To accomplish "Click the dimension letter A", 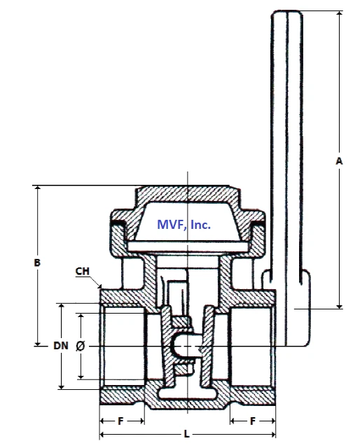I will [339, 161].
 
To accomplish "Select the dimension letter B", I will [37, 263].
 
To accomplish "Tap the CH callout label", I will [83, 272].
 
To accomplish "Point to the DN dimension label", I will [61, 346].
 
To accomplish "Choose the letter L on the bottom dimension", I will [186, 434].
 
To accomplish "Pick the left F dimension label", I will [121, 421].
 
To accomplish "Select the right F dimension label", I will [252, 421].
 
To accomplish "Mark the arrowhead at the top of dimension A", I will [339, 15].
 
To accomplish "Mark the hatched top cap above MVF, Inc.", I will [186, 193].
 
